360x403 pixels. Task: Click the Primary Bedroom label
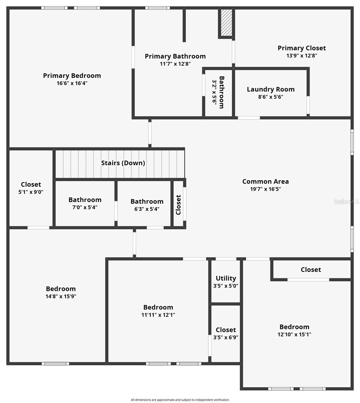tap(72, 76)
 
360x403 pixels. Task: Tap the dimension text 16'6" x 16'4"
tap(72, 83)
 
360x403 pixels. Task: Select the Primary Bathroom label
tap(175, 56)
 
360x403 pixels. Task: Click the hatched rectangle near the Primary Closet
tap(226, 23)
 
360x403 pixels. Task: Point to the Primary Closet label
tap(302, 48)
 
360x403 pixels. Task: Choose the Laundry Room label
tap(270, 89)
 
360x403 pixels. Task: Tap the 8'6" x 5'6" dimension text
tap(270, 97)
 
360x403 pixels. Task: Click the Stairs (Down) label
tap(123, 163)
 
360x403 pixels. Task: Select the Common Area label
tap(265, 181)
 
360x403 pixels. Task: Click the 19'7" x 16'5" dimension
tap(265, 189)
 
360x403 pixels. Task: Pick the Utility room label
tap(226, 278)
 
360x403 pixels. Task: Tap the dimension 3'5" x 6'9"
tap(226, 338)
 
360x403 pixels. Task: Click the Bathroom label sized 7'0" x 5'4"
tap(85, 200)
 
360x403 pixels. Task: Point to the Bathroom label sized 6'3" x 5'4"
tap(147, 201)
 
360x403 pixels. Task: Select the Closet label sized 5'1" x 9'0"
tap(31, 184)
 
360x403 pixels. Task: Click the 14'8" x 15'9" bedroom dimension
tap(61, 297)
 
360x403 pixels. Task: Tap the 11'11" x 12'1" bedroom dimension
tap(158, 315)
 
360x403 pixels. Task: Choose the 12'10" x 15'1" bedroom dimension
tap(294, 334)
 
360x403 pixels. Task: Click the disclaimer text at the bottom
tap(180, 400)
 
